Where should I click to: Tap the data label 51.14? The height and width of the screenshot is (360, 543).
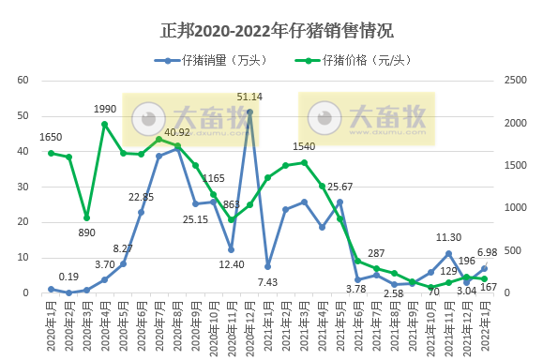[x=249, y=97]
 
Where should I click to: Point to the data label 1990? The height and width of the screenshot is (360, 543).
[x=105, y=109]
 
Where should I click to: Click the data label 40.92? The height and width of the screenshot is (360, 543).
[x=177, y=132]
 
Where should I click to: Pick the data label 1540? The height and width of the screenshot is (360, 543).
[x=304, y=147]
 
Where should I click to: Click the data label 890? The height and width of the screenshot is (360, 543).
[x=87, y=232]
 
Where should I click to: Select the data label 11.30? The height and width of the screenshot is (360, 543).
[x=449, y=238]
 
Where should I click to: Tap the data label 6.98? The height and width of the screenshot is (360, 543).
[x=487, y=253]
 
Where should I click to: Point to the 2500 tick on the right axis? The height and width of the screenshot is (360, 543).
[x=514, y=81]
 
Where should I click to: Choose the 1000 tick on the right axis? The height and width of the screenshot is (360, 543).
[x=514, y=208]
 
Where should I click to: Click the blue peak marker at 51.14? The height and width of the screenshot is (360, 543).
[x=249, y=112]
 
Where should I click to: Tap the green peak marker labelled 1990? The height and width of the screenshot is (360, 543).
[x=105, y=124]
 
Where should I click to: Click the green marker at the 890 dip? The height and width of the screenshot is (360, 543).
[x=86, y=217]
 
